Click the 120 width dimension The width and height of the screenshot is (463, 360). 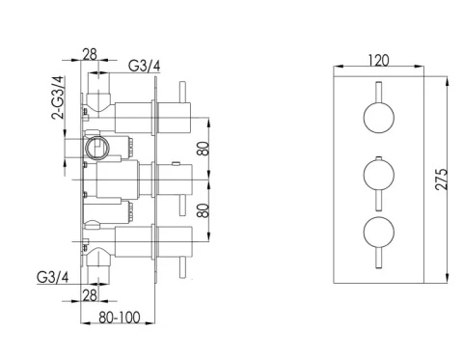379,60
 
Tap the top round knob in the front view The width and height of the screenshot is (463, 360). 376,120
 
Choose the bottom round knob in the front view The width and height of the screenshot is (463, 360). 376,234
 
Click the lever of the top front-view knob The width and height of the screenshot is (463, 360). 376,97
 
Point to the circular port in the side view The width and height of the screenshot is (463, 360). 95,148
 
